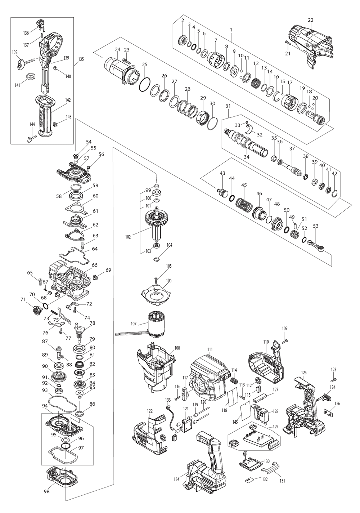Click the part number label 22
311,20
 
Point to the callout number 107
134,324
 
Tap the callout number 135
81,59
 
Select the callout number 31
228,106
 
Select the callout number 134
176,479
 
